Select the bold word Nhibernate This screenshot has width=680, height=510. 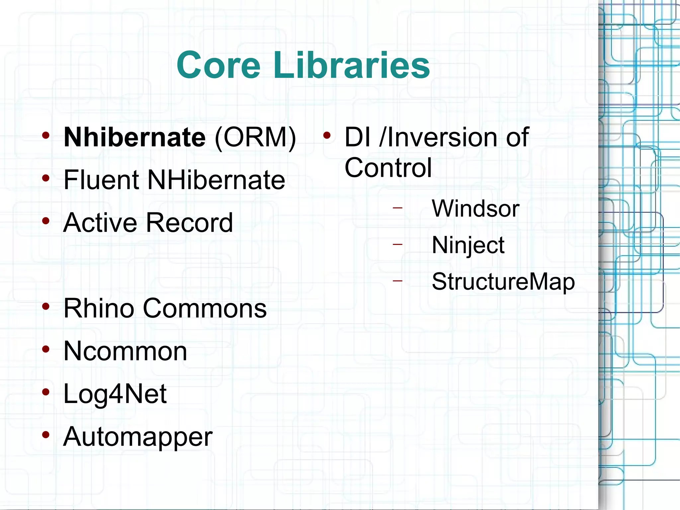135,137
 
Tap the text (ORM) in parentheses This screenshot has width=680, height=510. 255,137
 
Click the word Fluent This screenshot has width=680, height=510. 101,180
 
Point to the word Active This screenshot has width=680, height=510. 100,222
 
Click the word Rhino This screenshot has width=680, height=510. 99,308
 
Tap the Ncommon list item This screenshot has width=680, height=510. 125,351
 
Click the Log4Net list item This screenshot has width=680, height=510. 115,394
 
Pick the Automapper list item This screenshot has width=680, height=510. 138,437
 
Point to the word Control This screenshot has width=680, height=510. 388,168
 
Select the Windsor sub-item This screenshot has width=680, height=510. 475,209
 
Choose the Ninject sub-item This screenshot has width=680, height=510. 468,245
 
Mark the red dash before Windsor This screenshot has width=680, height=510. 397,208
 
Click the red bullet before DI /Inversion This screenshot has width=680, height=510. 327,135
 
